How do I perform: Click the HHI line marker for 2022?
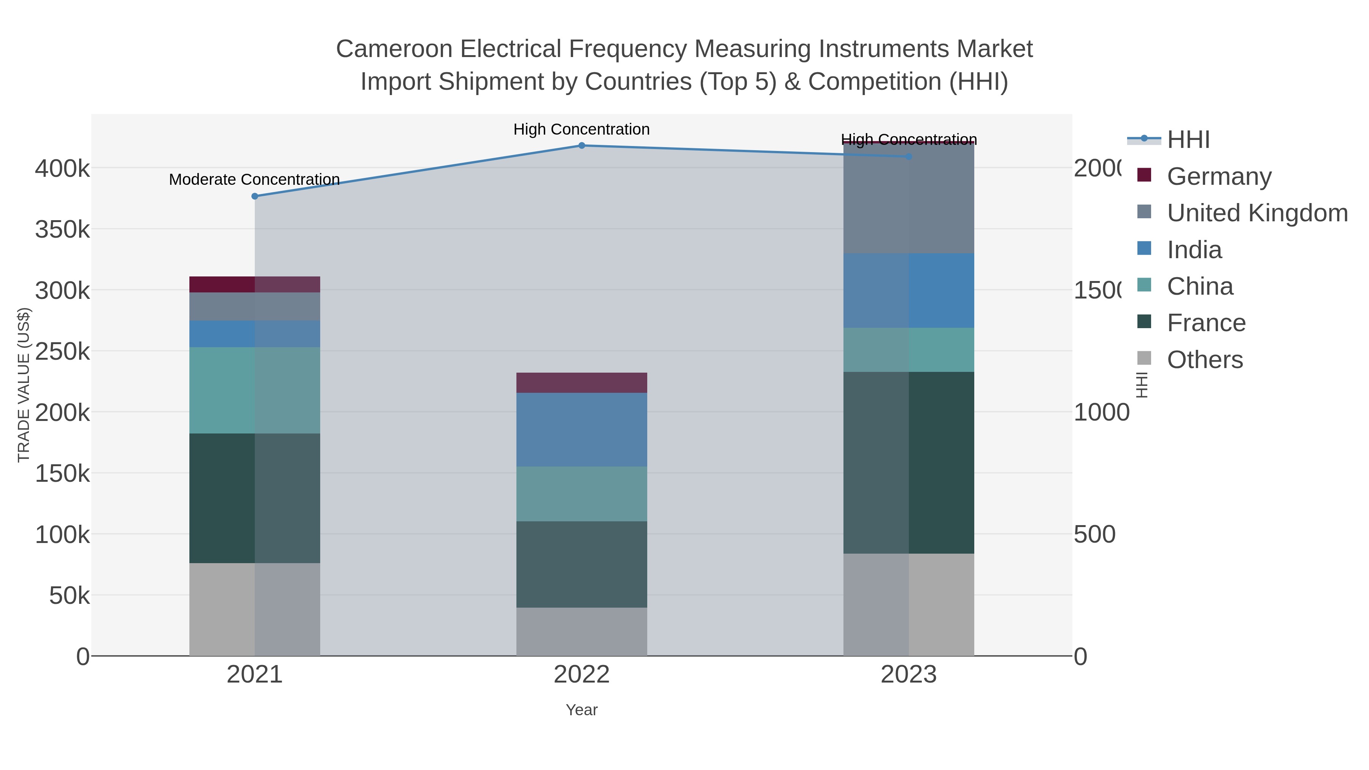(x=581, y=146)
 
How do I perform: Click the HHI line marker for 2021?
(x=254, y=196)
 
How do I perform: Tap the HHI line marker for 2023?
(x=908, y=157)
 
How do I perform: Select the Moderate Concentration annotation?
(x=254, y=179)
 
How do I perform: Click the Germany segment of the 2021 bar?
(x=254, y=284)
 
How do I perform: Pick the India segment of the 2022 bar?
(x=581, y=429)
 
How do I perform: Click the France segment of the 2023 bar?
(x=908, y=462)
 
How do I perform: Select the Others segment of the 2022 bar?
(x=581, y=631)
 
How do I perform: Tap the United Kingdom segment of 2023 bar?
(x=908, y=198)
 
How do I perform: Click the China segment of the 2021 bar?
(x=254, y=390)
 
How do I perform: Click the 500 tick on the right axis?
(x=1094, y=535)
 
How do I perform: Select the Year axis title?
(x=581, y=710)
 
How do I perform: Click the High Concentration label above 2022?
(x=581, y=129)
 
